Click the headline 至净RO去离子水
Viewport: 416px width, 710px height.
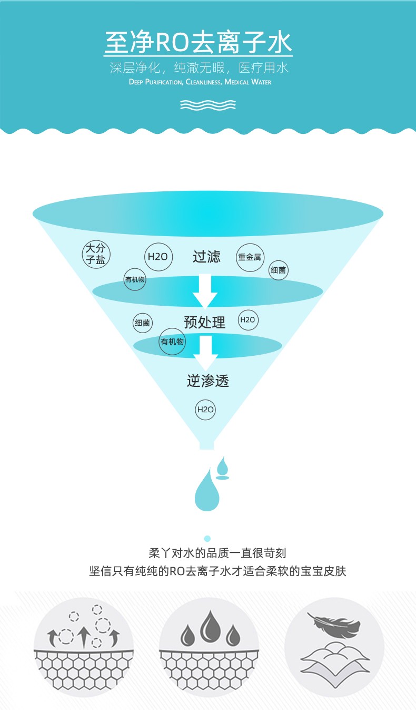[198, 43]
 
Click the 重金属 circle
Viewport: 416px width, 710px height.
[250, 258]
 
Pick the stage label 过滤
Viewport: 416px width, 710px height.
[206, 257]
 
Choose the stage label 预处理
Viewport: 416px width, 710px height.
[205, 322]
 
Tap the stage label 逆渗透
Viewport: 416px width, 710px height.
[207, 381]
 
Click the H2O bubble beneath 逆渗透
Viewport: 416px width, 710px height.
[205, 410]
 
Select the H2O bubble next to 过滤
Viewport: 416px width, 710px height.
[157, 257]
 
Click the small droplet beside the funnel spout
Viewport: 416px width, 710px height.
[223, 466]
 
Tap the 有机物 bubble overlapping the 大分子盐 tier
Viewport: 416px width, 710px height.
[135, 280]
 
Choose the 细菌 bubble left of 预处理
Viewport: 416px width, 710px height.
[142, 323]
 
